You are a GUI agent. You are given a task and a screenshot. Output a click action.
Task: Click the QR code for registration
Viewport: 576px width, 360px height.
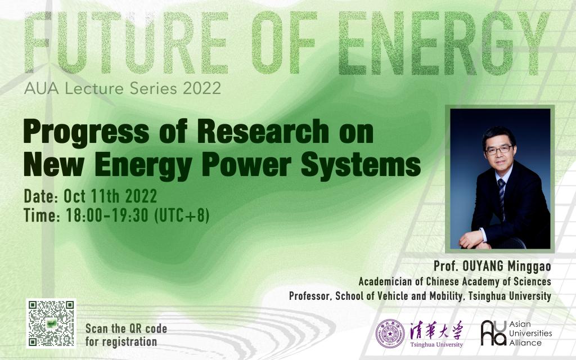(51, 323)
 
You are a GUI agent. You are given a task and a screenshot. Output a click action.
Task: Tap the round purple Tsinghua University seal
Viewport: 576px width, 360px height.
(390, 334)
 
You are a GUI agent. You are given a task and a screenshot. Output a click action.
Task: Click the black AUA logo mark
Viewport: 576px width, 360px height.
(494, 333)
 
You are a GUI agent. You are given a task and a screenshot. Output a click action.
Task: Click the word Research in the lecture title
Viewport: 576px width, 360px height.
(263, 131)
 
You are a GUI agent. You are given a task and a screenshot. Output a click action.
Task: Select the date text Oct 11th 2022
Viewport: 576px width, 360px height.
(110, 196)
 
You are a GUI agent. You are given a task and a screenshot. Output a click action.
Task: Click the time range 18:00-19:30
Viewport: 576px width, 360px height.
(107, 215)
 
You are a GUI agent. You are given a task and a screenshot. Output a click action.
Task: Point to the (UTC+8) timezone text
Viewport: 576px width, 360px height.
(182, 215)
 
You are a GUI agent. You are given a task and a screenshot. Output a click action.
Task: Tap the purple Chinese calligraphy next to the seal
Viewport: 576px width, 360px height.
(436, 331)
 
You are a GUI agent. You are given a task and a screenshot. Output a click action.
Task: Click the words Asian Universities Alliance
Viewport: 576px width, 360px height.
(530, 333)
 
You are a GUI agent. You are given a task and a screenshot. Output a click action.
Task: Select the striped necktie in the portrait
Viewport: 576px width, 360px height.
(501, 199)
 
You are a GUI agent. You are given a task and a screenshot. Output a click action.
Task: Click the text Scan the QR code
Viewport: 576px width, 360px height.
(126, 328)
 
